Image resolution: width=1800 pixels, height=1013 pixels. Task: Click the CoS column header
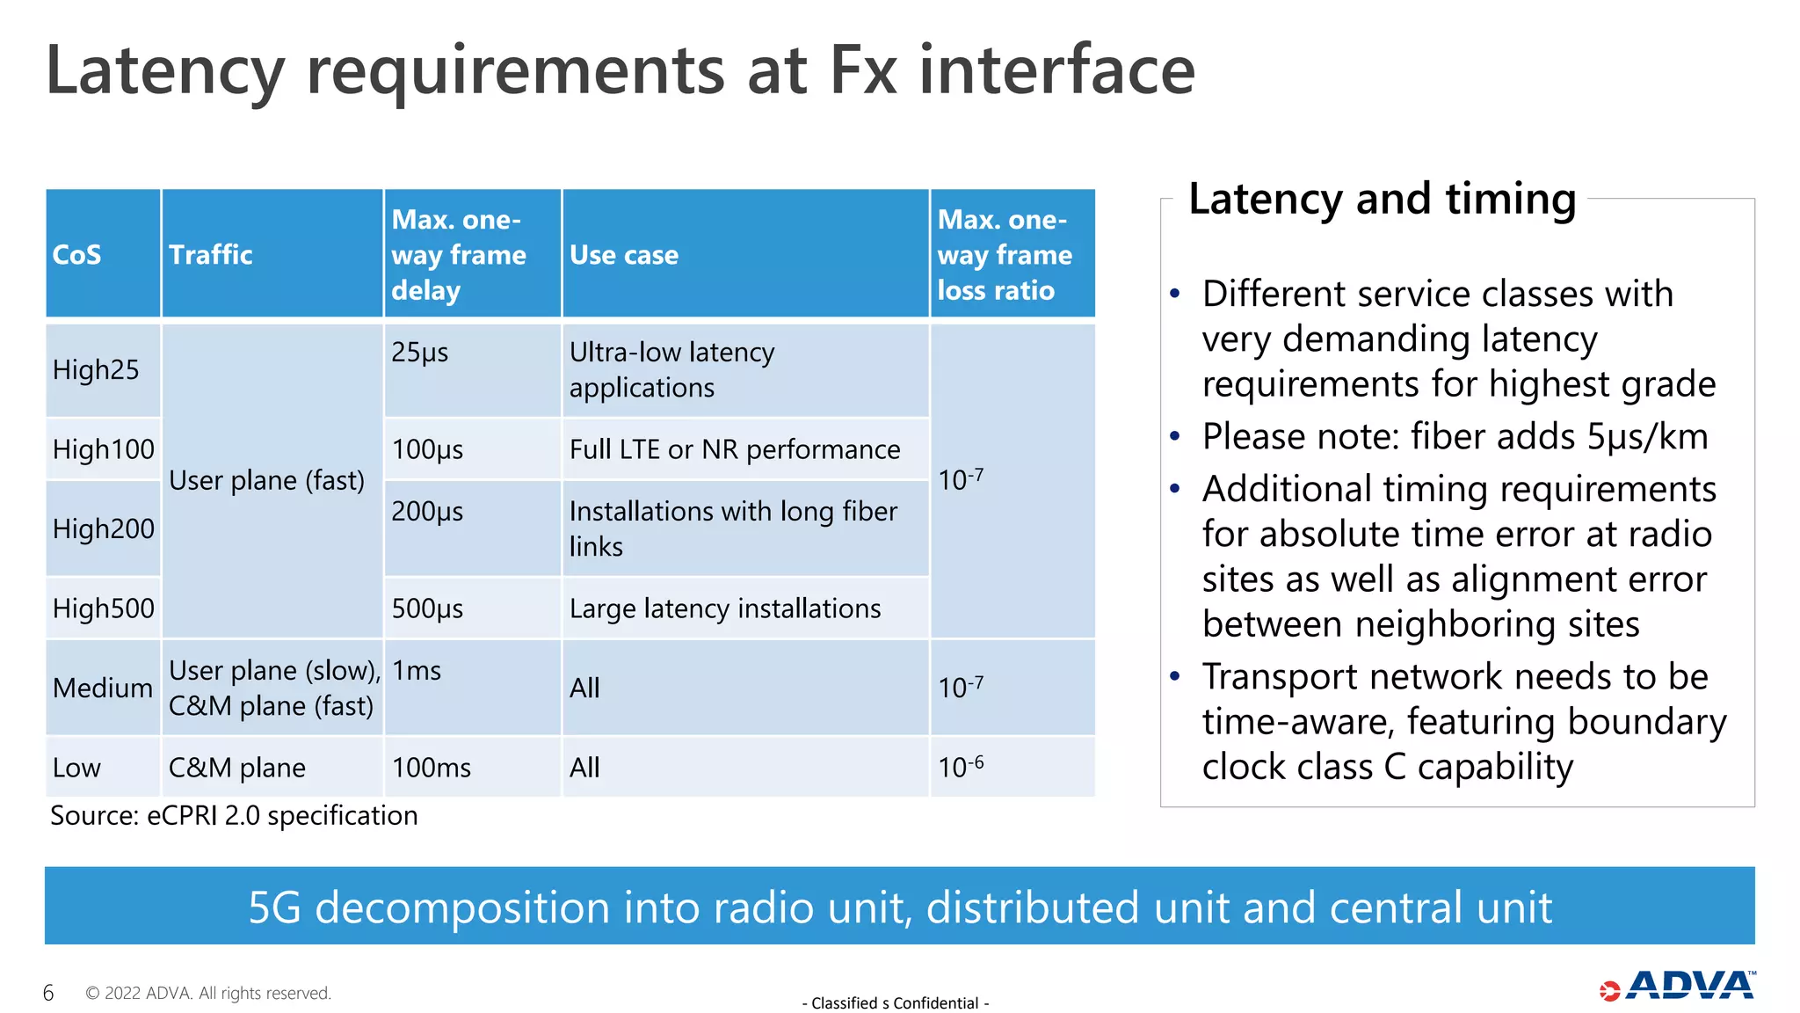77,255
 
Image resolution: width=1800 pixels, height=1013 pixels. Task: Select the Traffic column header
211,255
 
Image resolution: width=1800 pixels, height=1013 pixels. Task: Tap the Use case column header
624,255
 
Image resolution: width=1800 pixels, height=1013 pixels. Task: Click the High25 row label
96,369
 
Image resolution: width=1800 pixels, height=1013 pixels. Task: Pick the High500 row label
103,608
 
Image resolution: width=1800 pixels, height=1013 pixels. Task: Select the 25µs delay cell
420,352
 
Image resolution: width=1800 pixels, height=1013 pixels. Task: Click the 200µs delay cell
427,511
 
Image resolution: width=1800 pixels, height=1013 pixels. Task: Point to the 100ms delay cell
432,768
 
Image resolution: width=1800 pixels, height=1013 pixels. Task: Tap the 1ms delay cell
417,671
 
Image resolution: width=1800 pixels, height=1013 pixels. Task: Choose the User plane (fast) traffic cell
266,480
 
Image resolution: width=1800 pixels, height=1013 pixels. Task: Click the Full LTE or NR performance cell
735,449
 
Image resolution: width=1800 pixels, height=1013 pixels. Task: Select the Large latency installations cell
725,608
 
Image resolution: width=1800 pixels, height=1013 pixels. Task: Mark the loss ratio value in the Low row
961,767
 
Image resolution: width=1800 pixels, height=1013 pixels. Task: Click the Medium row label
103,688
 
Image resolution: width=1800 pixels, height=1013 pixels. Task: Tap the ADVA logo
1678,987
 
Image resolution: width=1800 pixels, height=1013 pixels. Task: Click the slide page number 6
48,993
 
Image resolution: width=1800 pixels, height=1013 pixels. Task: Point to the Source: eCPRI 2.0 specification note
234,816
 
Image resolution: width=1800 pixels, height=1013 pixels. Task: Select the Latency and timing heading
1382,199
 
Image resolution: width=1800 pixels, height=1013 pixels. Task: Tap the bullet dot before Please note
1175,436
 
